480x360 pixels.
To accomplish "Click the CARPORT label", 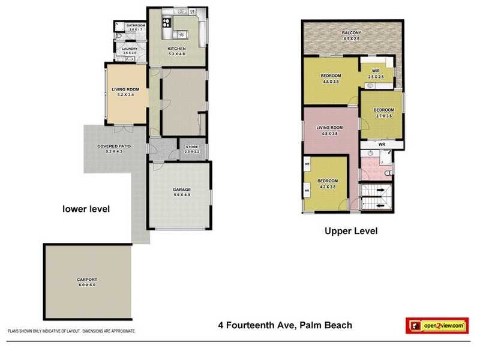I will (x=87, y=280).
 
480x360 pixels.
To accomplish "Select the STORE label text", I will (x=191, y=146).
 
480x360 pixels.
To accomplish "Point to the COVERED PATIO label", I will (x=114, y=146).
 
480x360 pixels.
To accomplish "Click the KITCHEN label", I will (x=176, y=49).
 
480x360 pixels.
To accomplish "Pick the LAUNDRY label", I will (x=130, y=49).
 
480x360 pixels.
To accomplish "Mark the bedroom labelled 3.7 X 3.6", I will (x=383, y=110).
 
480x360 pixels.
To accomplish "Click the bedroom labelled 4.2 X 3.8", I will (x=328, y=181).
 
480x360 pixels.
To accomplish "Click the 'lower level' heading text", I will (x=87, y=209).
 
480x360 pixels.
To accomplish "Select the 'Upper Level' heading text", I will (x=351, y=230).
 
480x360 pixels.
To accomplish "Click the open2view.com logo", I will (x=436, y=325).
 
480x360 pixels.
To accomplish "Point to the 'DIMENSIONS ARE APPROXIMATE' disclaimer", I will (x=108, y=331).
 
